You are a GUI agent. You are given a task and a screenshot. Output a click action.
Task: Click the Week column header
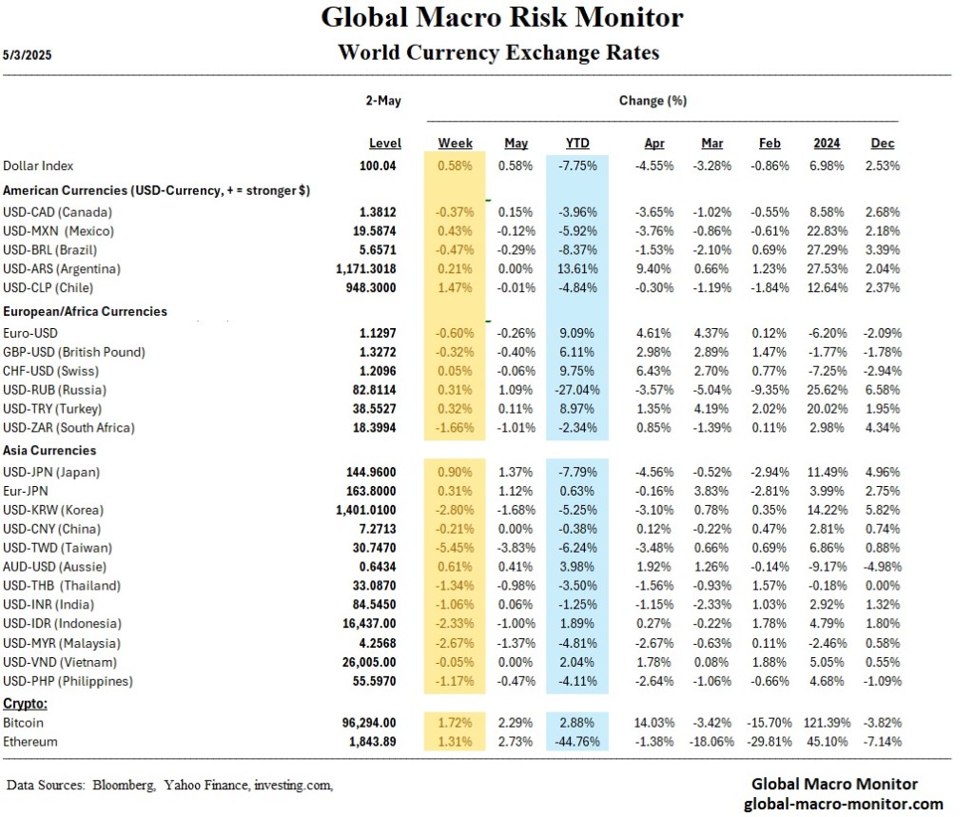pos(455,144)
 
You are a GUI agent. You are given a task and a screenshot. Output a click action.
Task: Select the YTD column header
pos(576,144)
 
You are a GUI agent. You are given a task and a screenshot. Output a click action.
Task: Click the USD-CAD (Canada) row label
pos(57,211)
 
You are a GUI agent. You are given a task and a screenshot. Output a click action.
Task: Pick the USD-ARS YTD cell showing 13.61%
pos(576,268)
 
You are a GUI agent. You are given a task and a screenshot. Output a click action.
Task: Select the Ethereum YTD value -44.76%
pos(575,742)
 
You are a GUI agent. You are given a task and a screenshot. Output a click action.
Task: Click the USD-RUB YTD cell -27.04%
pos(575,390)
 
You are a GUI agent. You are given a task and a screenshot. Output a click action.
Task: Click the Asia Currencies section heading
pos(50,450)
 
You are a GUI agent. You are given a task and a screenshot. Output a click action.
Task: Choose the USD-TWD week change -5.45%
pos(455,548)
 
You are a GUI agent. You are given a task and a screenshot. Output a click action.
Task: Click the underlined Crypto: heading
pos(26,704)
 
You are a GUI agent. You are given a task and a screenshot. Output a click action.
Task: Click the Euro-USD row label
pos(31,333)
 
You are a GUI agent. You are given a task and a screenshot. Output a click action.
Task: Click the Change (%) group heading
pos(653,100)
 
